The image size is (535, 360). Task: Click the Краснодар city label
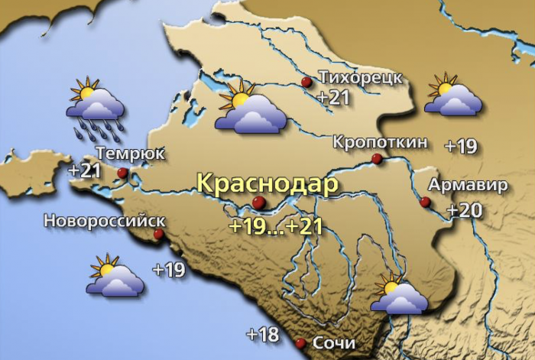point(267,184)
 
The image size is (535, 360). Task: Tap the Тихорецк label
point(359,79)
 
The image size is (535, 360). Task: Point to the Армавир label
point(467,186)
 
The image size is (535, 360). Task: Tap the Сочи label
point(334,344)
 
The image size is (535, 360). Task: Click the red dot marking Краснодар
point(259,202)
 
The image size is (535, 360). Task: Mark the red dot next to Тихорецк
point(306,82)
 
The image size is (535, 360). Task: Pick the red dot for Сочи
point(300,343)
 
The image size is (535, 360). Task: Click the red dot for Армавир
point(426,203)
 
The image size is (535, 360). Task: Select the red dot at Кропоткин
point(376,159)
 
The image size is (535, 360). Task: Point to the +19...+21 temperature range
point(275,226)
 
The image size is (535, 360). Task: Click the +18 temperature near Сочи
point(262,334)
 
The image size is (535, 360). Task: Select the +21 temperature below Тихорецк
point(333,98)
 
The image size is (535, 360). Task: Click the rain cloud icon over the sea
point(95,107)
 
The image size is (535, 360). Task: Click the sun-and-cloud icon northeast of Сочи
point(397,294)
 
